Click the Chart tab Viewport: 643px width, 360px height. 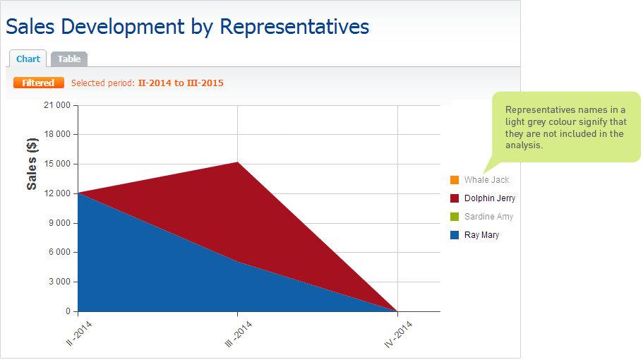pos(28,59)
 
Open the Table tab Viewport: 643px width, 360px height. pos(69,59)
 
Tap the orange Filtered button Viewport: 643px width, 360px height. pos(39,83)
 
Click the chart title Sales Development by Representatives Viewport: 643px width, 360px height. pos(188,27)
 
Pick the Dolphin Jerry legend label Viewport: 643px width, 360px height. pos(490,198)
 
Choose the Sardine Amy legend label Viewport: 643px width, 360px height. pos(488,217)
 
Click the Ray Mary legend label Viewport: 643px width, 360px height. pos(481,235)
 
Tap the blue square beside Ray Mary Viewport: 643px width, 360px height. pos(455,235)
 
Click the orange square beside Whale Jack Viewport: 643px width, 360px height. pos(455,180)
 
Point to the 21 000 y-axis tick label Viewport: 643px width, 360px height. pos(57,105)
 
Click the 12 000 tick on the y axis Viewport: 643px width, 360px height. pos(57,193)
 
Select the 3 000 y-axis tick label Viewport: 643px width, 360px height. pos(59,282)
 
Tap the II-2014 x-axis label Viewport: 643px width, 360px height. pos(79,334)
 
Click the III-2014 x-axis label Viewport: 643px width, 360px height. pos(239,335)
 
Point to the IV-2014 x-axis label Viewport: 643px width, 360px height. pos(398,335)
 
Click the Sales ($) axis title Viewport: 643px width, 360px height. pos(32,164)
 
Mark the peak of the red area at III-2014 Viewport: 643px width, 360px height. pos(237,162)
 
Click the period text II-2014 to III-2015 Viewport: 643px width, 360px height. pos(181,83)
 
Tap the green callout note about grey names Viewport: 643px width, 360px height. pos(565,127)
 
